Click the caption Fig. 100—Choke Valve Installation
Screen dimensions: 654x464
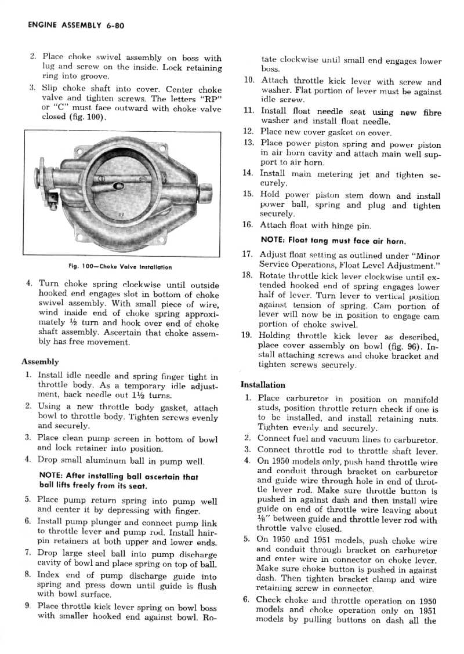(x=121, y=267)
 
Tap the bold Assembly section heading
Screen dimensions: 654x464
(x=40, y=361)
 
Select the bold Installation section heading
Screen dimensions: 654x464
(x=263, y=384)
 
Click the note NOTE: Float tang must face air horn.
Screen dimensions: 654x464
(x=333, y=239)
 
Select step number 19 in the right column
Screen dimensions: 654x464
(x=249, y=336)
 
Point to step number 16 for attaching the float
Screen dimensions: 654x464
(x=249, y=225)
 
